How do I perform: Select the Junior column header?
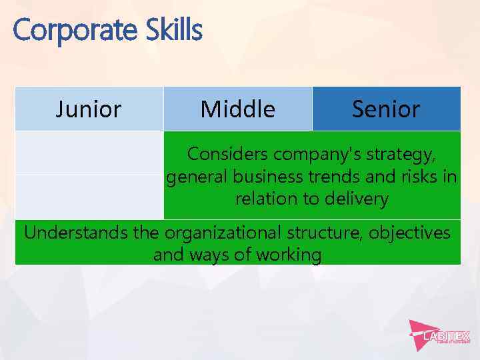pos(89,109)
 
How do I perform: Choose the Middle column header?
pos(237,109)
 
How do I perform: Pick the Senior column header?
pos(386,109)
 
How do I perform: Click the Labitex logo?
pos(440,333)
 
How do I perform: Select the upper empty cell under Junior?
pos(89,153)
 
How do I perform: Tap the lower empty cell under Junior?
pos(89,197)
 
